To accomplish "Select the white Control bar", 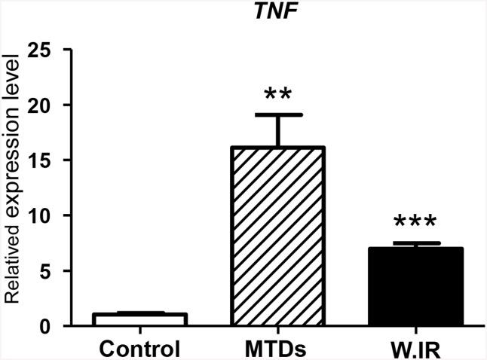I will [139, 319].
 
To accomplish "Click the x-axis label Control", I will [139, 348].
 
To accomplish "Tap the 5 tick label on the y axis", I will [50, 270].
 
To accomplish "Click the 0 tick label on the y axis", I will [50, 326].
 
